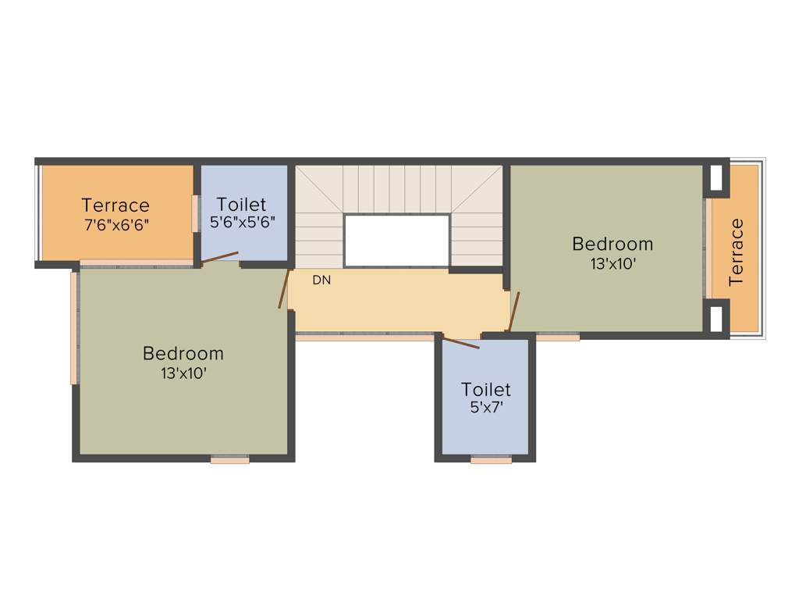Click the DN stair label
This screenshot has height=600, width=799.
click(x=321, y=280)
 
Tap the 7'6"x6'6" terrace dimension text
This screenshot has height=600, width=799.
click(x=115, y=224)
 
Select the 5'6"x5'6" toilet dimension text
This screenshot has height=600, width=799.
click(x=242, y=222)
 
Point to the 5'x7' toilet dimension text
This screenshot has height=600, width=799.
click(x=485, y=407)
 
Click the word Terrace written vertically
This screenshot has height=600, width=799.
click(x=736, y=252)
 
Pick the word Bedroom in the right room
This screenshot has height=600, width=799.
click(x=613, y=244)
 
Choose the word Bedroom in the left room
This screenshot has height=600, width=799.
click(x=183, y=354)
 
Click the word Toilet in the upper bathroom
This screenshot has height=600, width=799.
click(x=242, y=205)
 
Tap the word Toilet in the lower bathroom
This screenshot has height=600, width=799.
click(x=485, y=389)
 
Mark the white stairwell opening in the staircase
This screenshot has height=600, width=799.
click(x=396, y=240)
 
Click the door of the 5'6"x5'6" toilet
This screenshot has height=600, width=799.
click(x=221, y=259)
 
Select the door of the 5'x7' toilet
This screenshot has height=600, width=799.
click(x=460, y=342)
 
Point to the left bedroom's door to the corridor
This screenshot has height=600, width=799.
click(x=284, y=289)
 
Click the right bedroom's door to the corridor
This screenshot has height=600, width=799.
click(x=513, y=311)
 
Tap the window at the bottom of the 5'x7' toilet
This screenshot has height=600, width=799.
click(x=492, y=461)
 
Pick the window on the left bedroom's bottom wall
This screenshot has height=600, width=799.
click(x=230, y=461)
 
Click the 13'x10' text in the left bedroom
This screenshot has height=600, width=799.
click(x=183, y=373)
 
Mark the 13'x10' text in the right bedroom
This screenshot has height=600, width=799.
click(x=613, y=264)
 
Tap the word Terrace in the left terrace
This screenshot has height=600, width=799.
click(x=115, y=205)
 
